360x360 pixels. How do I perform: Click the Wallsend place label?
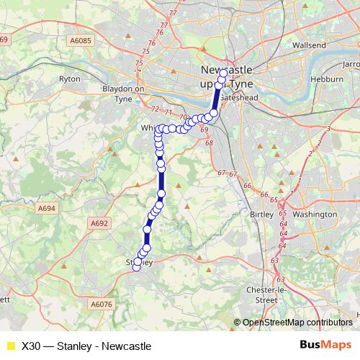coord(310,45)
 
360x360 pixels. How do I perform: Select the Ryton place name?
coord(70,78)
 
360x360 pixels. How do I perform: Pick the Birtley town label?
coord(261,215)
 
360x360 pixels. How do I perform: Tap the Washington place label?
coord(315,215)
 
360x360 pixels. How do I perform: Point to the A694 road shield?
coord(48,208)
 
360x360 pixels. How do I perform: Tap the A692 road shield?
coord(99,224)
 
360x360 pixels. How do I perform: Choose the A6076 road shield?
coord(102,305)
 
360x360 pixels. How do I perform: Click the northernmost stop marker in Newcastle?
coord(223,73)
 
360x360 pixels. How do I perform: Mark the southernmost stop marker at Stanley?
coord(137,269)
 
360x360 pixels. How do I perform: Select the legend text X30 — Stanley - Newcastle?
coord(86,346)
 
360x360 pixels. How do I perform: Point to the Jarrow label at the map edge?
coord(351,64)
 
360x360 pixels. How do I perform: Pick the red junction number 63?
coord(275,260)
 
